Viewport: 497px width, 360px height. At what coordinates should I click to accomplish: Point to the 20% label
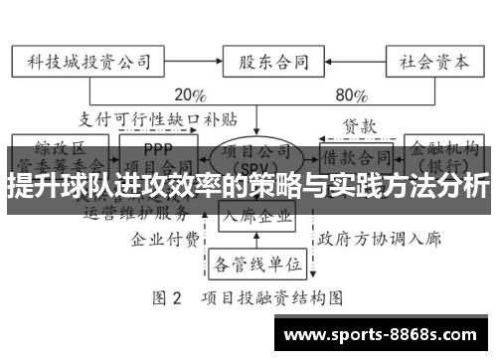coord(189,96)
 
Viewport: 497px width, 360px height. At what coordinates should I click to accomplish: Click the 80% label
coord(351,96)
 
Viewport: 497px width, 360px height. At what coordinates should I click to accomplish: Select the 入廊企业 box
coord(255,215)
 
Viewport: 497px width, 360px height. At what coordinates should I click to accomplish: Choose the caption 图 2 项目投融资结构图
coord(248,296)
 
